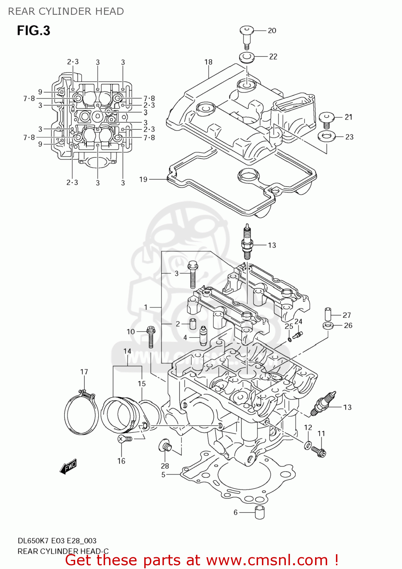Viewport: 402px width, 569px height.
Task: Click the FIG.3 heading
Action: pyautogui.click(x=33, y=31)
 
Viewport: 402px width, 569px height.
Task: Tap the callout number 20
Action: pyautogui.click(x=272, y=31)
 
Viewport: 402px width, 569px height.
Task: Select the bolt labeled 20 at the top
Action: pyautogui.click(x=246, y=36)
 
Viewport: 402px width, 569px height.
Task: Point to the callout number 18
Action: pyautogui.click(x=208, y=62)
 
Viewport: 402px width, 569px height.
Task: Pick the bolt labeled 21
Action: pyautogui.click(x=326, y=120)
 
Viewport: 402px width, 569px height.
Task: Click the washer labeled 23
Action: pyautogui.click(x=326, y=136)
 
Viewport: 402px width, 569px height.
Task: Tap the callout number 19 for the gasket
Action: pyautogui.click(x=143, y=179)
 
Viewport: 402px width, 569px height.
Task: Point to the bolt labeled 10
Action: pyautogui.click(x=151, y=336)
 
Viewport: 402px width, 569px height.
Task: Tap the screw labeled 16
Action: pyautogui.click(x=124, y=439)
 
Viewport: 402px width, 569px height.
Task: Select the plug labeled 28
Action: pyautogui.click(x=166, y=446)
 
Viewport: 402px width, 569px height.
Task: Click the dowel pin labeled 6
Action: pyautogui.click(x=259, y=512)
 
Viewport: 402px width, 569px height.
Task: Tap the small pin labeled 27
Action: pyautogui.click(x=328, y=314)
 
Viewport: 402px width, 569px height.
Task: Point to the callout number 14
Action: pyautogui.click(x=127, y=352)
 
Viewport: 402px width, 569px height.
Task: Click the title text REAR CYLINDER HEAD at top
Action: pyautogui.click(x=66, y=11)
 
